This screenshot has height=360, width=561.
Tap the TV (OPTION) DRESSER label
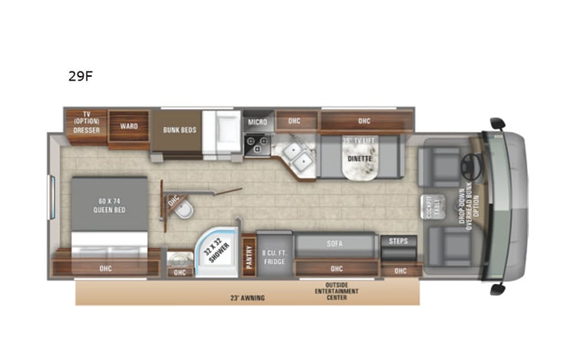(87, 122)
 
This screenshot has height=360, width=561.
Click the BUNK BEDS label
(179, 130)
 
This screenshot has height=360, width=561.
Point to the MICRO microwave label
(256, 122)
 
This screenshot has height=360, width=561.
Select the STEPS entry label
(398, 241)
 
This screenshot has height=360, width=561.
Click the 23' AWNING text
(246, 297)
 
